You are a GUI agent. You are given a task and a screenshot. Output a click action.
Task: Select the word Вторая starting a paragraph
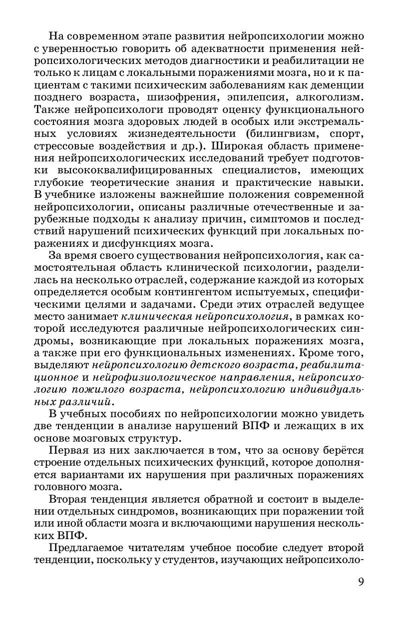tap(69, 500)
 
